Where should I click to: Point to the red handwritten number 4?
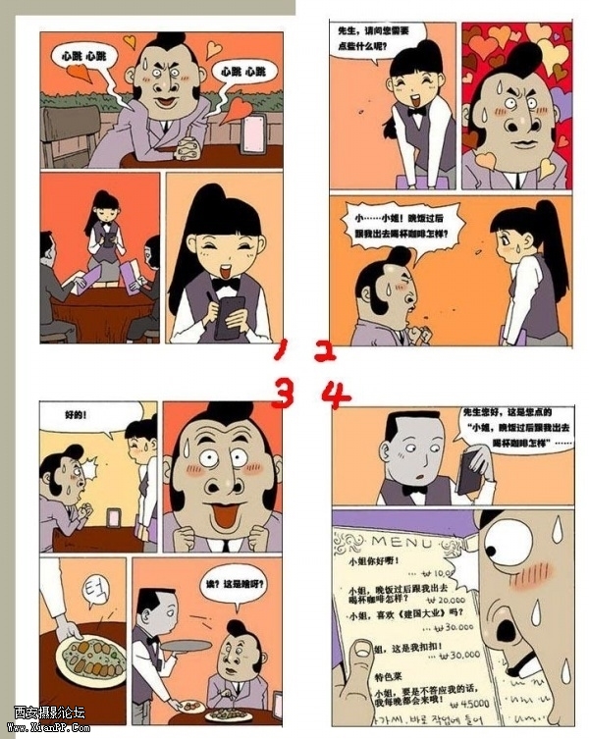336,396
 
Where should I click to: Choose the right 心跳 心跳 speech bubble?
241,72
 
